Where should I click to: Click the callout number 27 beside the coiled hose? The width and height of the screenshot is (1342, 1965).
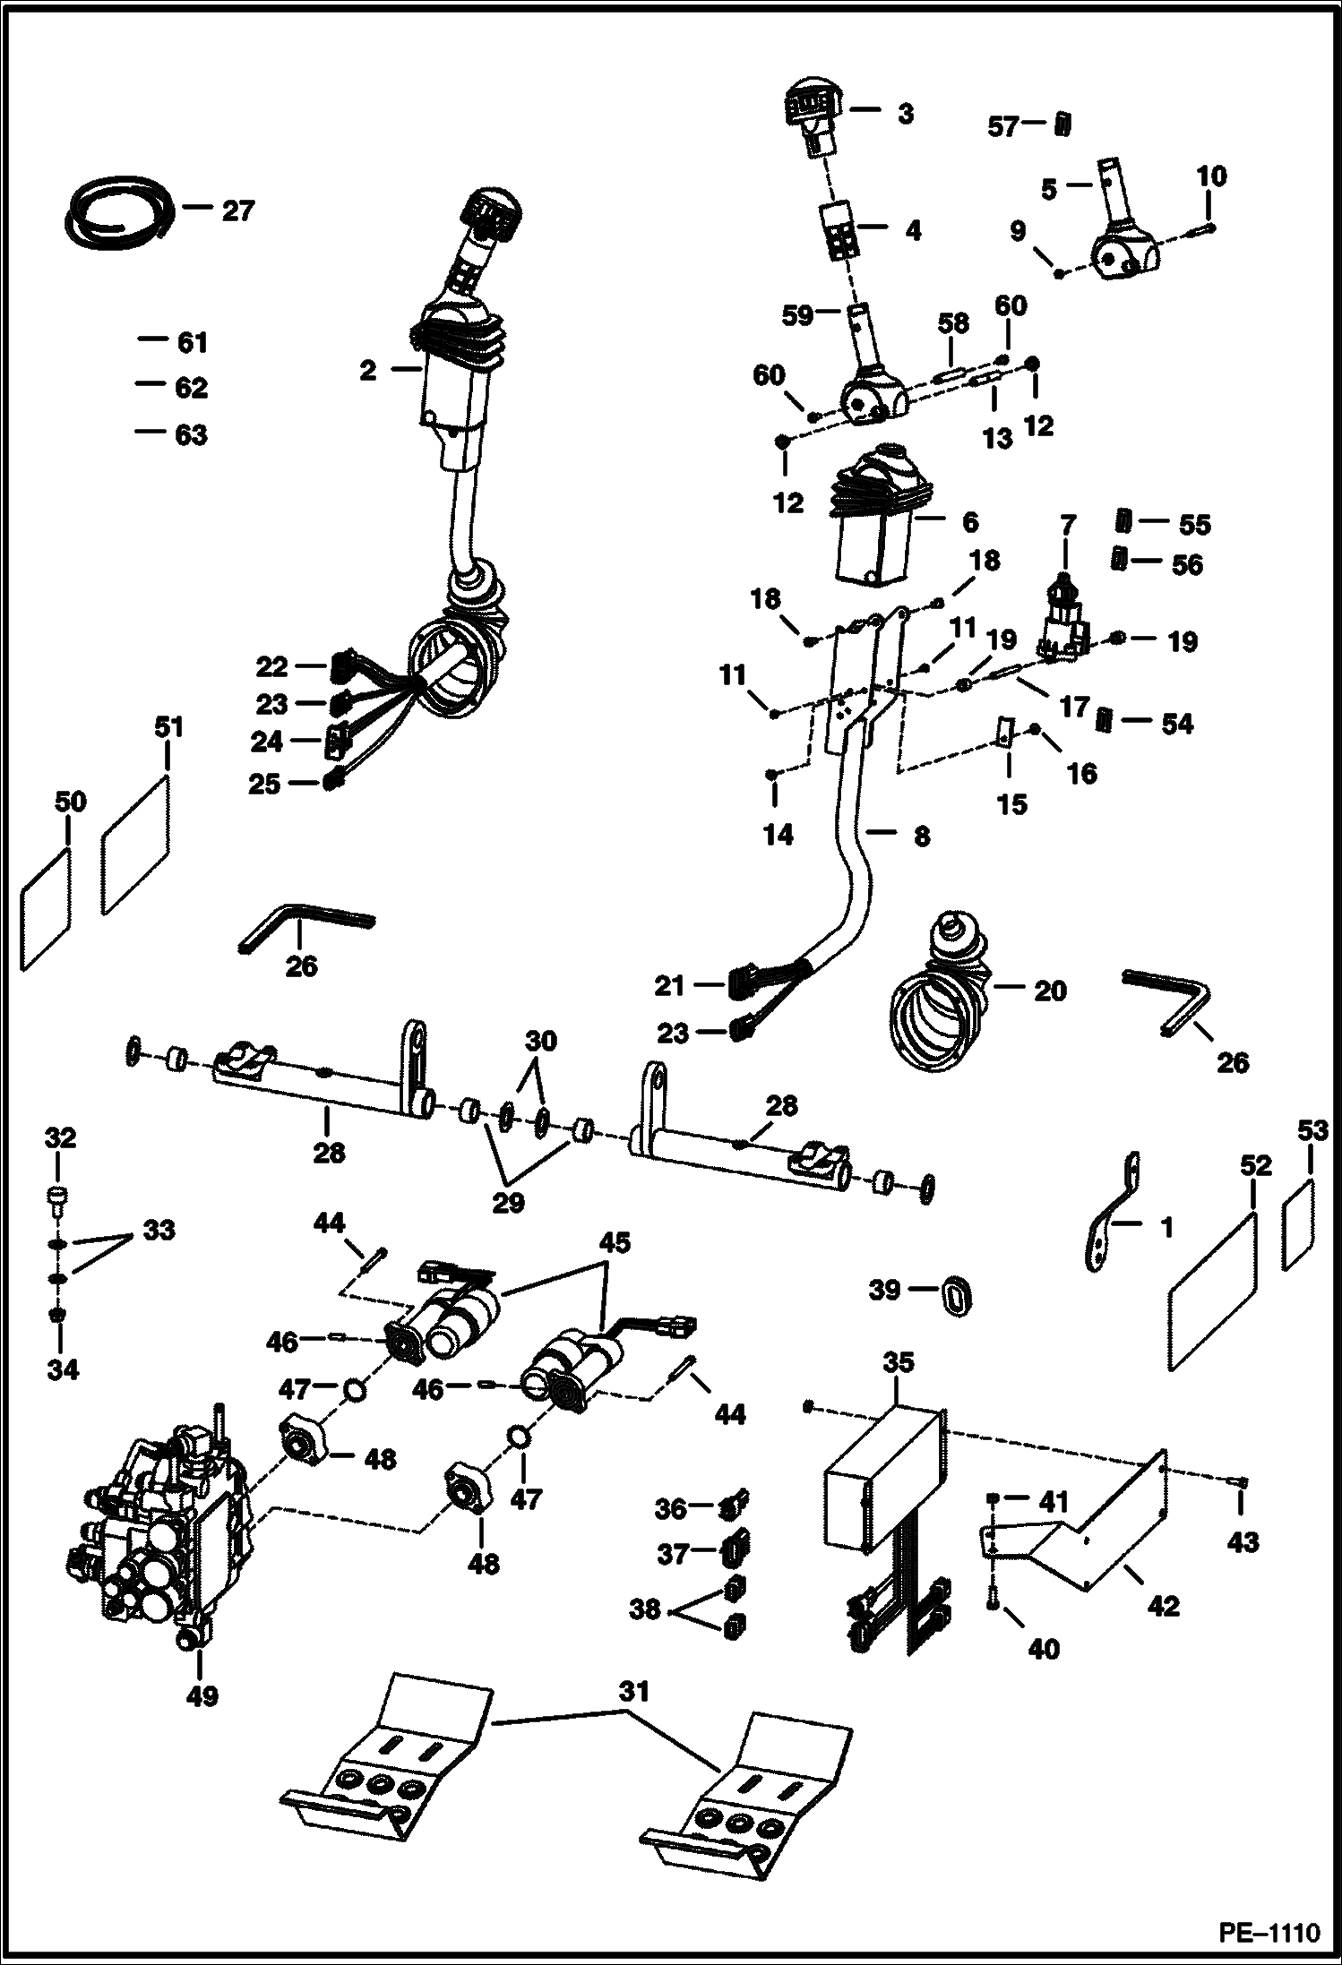coord(237,211)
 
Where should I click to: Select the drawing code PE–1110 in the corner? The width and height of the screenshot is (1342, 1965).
coord(1269,1931)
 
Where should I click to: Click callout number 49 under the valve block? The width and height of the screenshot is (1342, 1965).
coord(202,1695)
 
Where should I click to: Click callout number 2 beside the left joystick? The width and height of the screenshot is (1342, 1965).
coord(368,370)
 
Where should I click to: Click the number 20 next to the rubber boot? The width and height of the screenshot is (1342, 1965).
coord(1050,991)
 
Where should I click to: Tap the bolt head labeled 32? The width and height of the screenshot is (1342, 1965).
coord(56,1197)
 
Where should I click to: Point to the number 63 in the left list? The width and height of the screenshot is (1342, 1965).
coord(192,434)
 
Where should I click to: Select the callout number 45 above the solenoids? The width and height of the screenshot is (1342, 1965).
coord(615,1242)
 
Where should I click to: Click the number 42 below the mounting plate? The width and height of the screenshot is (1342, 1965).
coord(1163,1606)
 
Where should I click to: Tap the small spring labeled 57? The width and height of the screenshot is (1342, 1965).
coord(1062,124)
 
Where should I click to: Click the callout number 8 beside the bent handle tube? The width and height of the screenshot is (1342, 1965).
coord(921,836)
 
